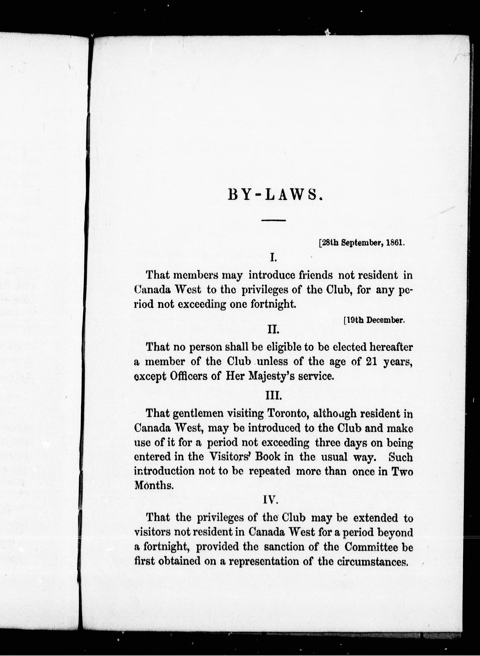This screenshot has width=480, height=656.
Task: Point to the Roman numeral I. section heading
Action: click(273, 257)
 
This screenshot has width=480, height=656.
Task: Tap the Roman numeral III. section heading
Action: click(274, 396)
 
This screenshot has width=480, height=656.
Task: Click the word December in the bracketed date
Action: click(385, 320)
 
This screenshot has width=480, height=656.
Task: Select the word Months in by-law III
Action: click(154, 486)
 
